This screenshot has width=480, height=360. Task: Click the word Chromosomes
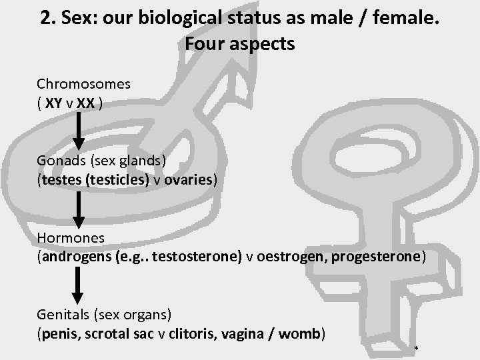(x=83, y=85)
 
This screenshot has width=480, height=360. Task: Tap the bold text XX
(x=85, y=104)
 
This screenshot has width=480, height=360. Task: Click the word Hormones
(x=71, y=238)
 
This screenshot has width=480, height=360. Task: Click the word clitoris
(x=217, y=334)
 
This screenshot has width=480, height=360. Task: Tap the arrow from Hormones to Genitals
(x=78, y=285)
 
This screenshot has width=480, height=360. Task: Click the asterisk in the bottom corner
(x=417, y=350)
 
